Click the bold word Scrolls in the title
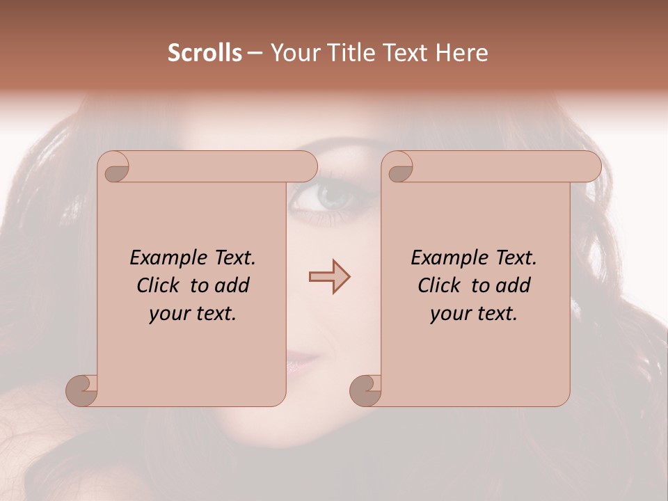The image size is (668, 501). pos(205,53)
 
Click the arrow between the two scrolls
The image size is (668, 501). pos(329,277)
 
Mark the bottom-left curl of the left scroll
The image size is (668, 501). pos(82,390)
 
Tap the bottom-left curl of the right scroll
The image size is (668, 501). pos(365,390)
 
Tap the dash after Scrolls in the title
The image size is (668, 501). pos(255,54)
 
